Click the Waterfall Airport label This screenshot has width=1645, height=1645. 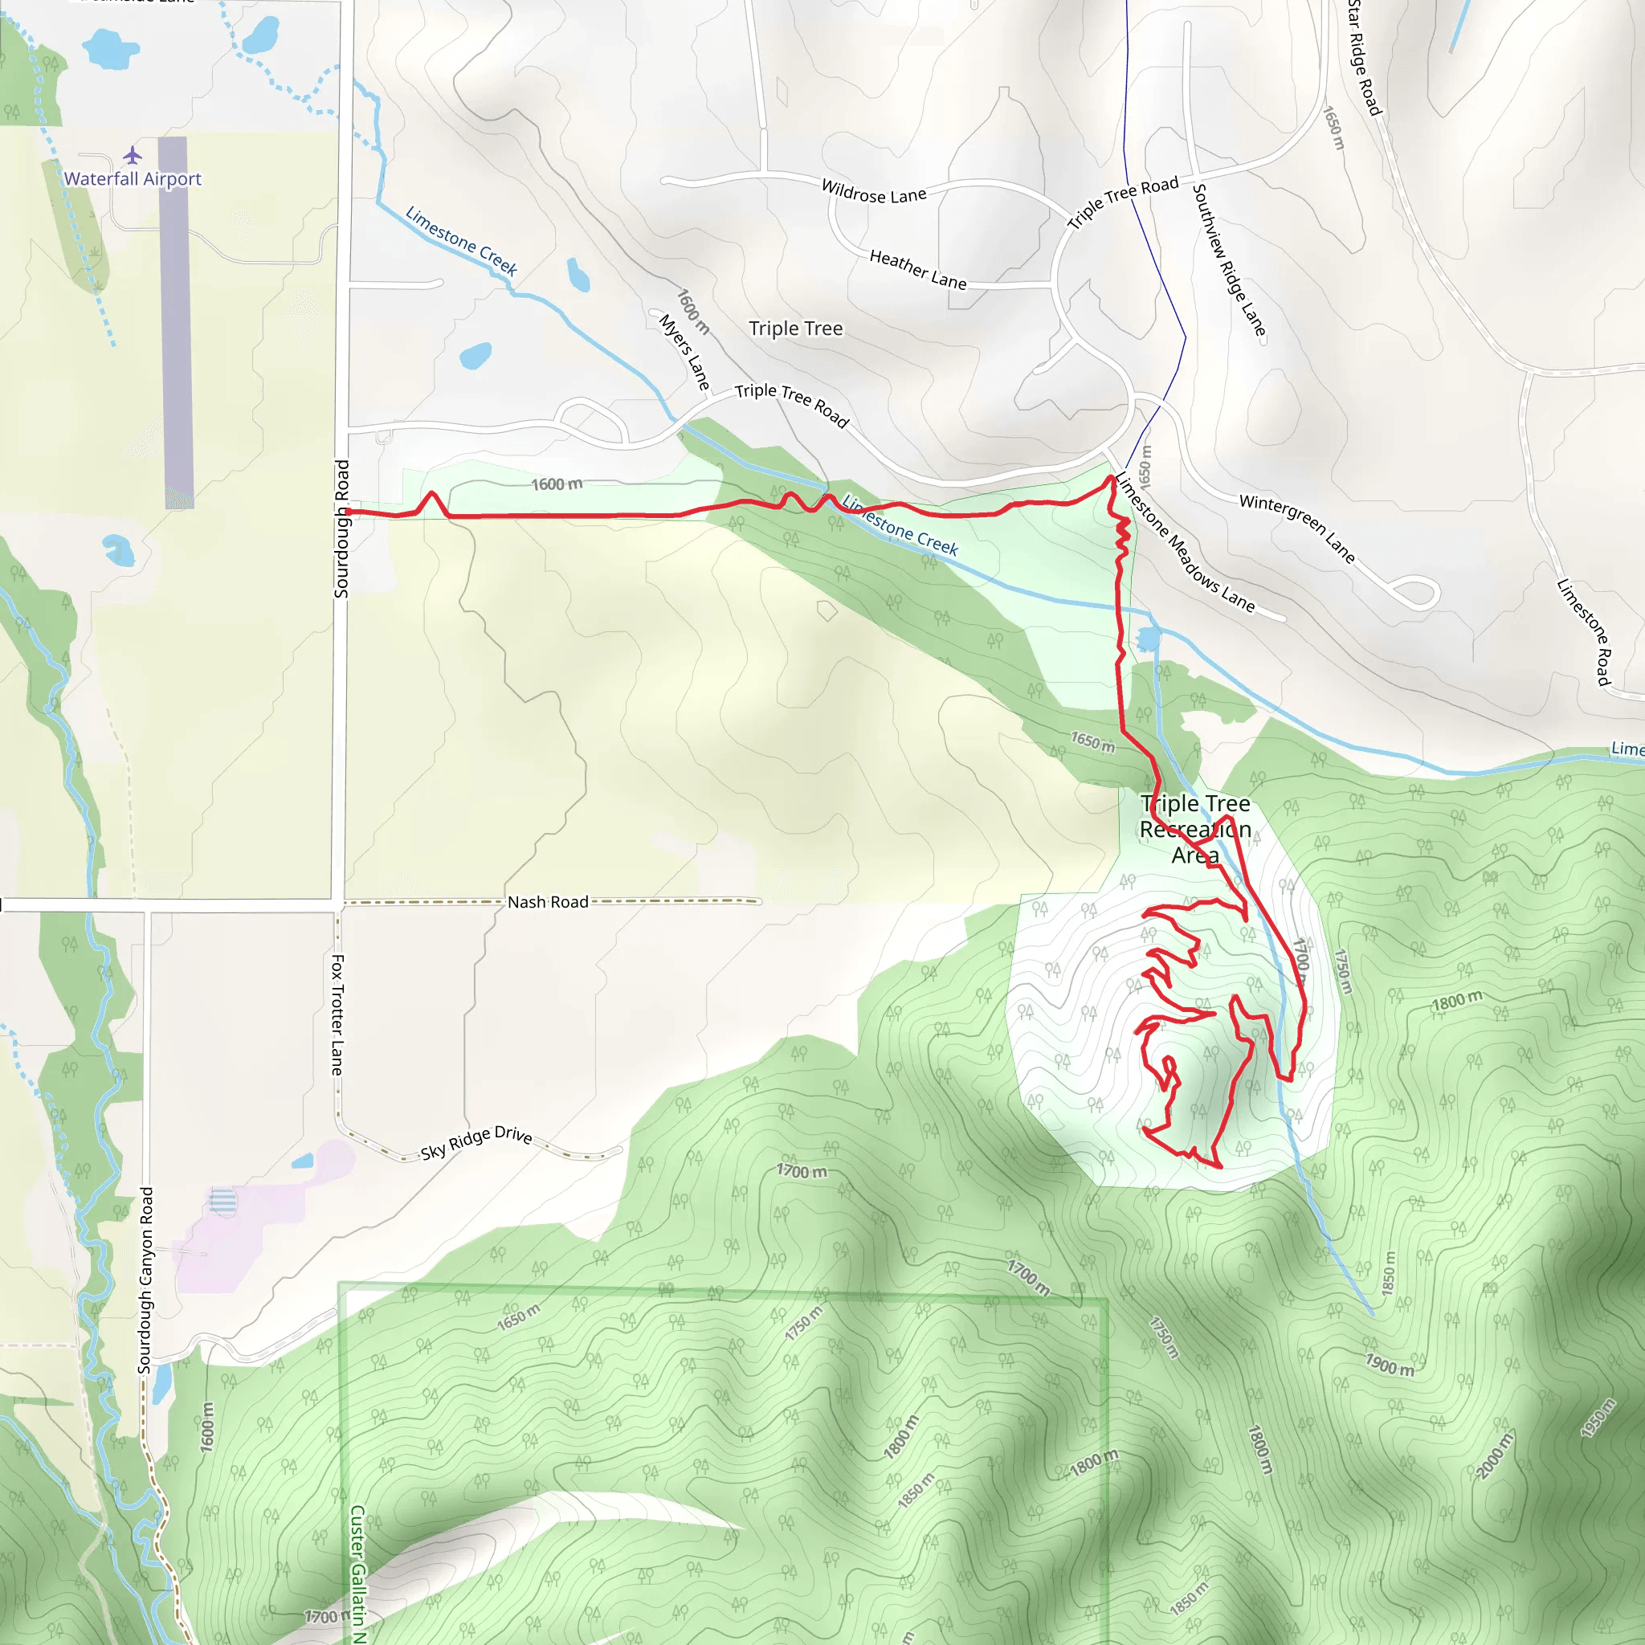[x=133, y=179]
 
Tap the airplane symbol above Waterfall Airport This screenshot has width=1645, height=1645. [x=132, y=155]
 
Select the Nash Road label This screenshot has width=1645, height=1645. [x=548, y=902]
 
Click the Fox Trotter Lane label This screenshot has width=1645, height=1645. [x=338, y=1014]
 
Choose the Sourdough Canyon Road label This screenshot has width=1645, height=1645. [x=146, y=1280]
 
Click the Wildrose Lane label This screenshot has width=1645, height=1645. [x=874, y=192]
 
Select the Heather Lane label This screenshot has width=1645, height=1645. [x=918, y=270]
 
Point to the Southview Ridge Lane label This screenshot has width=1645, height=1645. [x=1229, y=259]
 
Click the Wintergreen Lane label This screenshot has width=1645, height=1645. [x=1296, y=528]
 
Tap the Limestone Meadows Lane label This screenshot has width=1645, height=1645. [x=1185, y=542]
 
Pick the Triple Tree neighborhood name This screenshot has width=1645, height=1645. [x=795, y=329]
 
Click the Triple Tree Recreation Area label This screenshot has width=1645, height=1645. [x=1195, y=828]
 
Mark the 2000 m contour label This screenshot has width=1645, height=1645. [x=1495, y=1455]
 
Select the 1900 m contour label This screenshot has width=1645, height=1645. [x=1390, y=1365]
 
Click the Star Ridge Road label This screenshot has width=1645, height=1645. [x=1363, y=58]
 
